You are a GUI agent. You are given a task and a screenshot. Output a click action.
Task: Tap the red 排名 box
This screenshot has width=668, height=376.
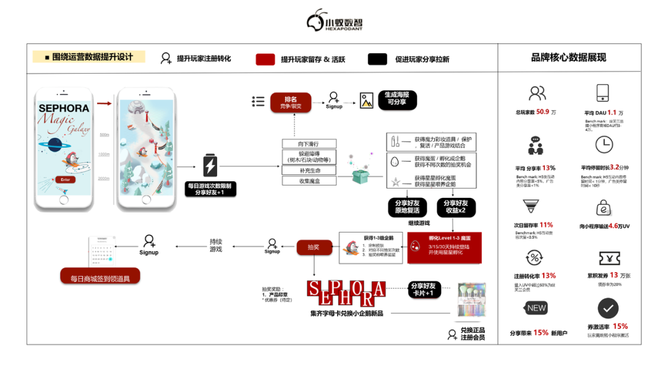click(x=290, y=102)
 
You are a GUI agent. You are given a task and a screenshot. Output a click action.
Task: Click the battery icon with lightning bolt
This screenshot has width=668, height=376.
click(x=210, y=166)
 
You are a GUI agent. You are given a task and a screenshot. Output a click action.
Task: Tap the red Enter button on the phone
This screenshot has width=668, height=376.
click(x=64, y=179)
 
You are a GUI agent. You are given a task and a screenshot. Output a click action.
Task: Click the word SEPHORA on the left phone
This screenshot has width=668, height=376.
click(x=64, y=108)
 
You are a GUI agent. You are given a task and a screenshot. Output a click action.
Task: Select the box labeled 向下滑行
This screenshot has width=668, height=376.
click(x=309, y=144)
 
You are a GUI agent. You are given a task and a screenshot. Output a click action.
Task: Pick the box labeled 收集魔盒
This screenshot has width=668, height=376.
click(x=309, y=181)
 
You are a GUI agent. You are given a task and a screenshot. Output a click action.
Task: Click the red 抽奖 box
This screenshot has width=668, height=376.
click(x=314, y=247)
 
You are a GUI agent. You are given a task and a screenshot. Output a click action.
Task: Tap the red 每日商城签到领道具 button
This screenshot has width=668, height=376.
click(x=100, y=277)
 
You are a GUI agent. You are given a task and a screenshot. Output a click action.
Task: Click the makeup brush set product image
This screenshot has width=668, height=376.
click(x=471, y=301)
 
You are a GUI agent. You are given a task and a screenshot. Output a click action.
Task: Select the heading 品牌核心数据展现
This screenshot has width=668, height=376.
click(x=568, y=58)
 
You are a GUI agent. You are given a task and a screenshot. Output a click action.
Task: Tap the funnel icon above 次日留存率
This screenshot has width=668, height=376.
click(x=531, y=206)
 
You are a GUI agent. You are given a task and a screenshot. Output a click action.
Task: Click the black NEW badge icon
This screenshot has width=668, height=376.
click(x=536, y=308)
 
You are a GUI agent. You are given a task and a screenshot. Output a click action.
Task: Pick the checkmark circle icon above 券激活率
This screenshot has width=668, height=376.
click(x=608, y=309)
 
